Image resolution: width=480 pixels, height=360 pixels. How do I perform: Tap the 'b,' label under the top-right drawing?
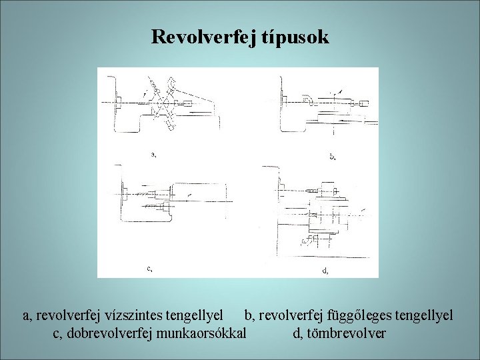(x=332, y=157)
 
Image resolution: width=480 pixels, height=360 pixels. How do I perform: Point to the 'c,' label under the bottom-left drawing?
(x=149, y=269)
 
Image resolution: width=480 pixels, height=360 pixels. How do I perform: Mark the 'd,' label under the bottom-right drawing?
(x=325, y=271)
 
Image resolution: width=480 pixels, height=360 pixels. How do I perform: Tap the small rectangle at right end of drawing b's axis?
(x=364, y=103)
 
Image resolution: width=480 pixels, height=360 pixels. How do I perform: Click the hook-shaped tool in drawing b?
(x=308, y=100)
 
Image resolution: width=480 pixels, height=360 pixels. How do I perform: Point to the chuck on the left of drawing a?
(x=118, y=102)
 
